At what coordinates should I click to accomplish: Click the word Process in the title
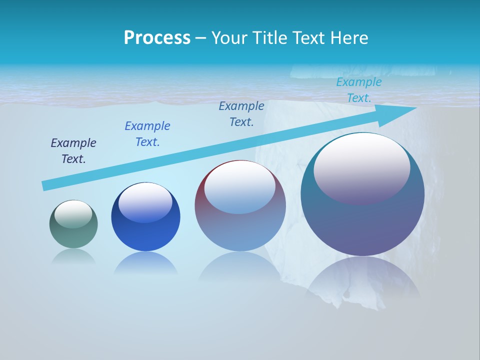(157, 38)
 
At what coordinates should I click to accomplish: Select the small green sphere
(73, 224)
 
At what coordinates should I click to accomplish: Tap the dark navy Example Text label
(73, 151)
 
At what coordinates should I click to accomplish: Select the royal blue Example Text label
(147, 134)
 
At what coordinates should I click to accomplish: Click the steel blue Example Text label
(241, 114)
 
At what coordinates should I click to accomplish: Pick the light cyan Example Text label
(359, 90)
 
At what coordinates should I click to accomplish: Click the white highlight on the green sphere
(73, 213)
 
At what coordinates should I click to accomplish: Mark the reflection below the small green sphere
(73, 256)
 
